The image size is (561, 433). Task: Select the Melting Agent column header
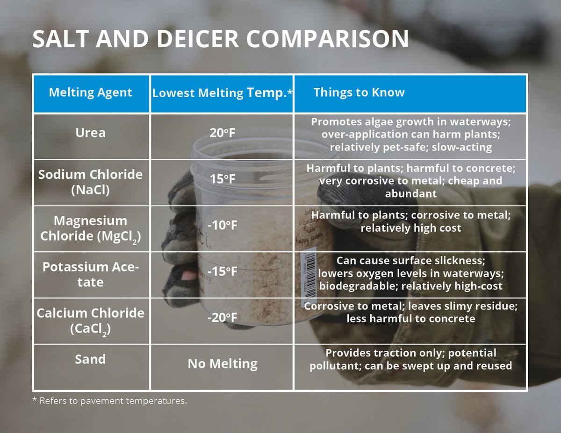91,92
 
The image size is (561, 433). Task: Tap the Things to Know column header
359,92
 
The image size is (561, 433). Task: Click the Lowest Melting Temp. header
222,93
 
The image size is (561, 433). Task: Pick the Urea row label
91,133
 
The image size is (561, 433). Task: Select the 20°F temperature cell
222,133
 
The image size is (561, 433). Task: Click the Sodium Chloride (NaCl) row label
91,182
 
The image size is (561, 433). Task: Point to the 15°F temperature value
222,179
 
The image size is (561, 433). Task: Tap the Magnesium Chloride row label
91,228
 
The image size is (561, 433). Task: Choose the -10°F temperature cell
222,226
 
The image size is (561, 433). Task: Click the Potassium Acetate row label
91,274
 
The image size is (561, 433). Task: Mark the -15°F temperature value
222,271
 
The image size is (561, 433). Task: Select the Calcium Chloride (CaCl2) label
91,320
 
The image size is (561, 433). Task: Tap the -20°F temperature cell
222,318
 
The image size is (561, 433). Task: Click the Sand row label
91,359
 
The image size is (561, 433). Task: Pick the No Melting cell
222,363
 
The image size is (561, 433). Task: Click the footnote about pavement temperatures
109,401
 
